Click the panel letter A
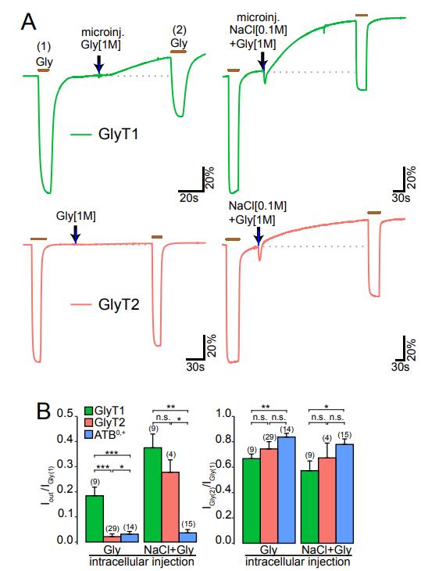[x=29, y=21]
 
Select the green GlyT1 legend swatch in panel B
[x=89, y=411]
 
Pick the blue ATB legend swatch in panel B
[x=89, y=434]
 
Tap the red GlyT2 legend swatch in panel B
[x=89, y=423]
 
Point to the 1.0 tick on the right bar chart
[x=224, y=413]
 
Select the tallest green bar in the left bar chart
[x=153, y=494]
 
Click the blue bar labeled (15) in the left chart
[x=188, y=537]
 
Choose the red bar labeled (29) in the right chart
[x=269, y=495]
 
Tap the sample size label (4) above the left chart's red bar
[x=170, y=454]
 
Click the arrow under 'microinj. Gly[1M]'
[x=99, y=64]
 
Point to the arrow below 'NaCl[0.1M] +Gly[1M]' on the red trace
[x=258, y=235]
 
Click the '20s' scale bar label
[x=189, y=199]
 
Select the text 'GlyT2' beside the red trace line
[x=119, y=304]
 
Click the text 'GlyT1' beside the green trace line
[x=118, y=135]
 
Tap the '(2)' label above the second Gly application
[x=179, y=30]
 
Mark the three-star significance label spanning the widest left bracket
[x=112, y=453]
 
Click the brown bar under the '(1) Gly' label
[x=44, y=70]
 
